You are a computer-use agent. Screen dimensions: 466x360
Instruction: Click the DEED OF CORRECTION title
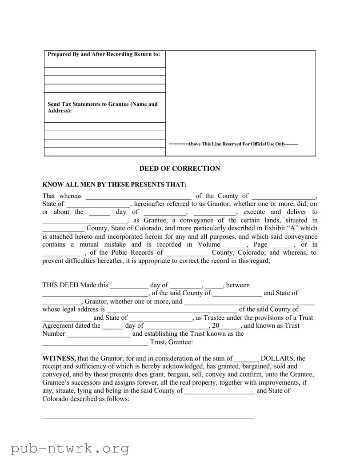[x=180, y=169]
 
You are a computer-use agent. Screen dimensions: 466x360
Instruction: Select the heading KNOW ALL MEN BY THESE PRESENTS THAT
[x=115, y=185]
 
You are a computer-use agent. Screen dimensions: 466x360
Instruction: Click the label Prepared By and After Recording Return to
[x=104, y=54]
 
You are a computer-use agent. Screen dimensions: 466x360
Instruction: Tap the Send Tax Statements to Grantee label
[x=103, y=107]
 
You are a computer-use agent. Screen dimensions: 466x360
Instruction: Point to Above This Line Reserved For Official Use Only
[x=234, y=144]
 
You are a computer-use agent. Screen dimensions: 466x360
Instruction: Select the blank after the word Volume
[x=236, y=245]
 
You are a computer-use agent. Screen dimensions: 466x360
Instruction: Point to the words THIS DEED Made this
[x=75, y=285]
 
